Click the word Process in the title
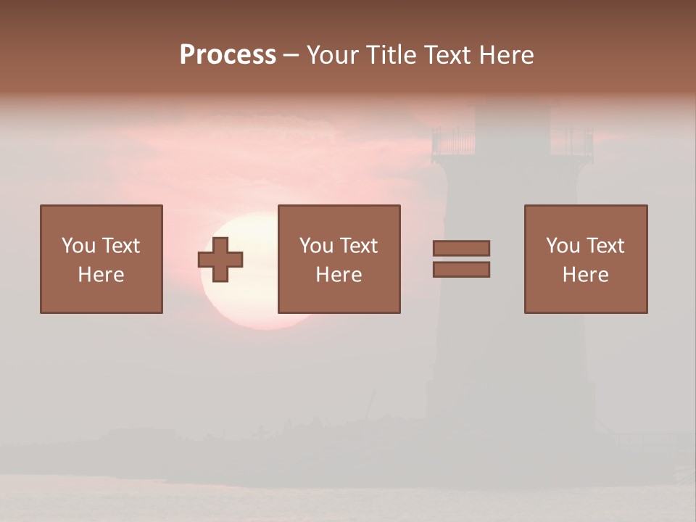click(228, 55)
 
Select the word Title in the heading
click(390, 55)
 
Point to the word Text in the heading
click(447, 55)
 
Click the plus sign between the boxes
click(220, 260)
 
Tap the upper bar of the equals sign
click(461, 248)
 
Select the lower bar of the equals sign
click(461, 270)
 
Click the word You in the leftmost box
click(78, 246)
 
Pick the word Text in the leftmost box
click(120, 246)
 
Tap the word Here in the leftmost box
click(101, 275)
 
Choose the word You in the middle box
click(316, 246)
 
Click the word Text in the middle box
click(358, 246)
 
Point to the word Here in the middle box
click(339, 275)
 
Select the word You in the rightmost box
click(563, 246)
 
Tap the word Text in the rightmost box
click(605, 246)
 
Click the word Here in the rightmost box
click(585, 275)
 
